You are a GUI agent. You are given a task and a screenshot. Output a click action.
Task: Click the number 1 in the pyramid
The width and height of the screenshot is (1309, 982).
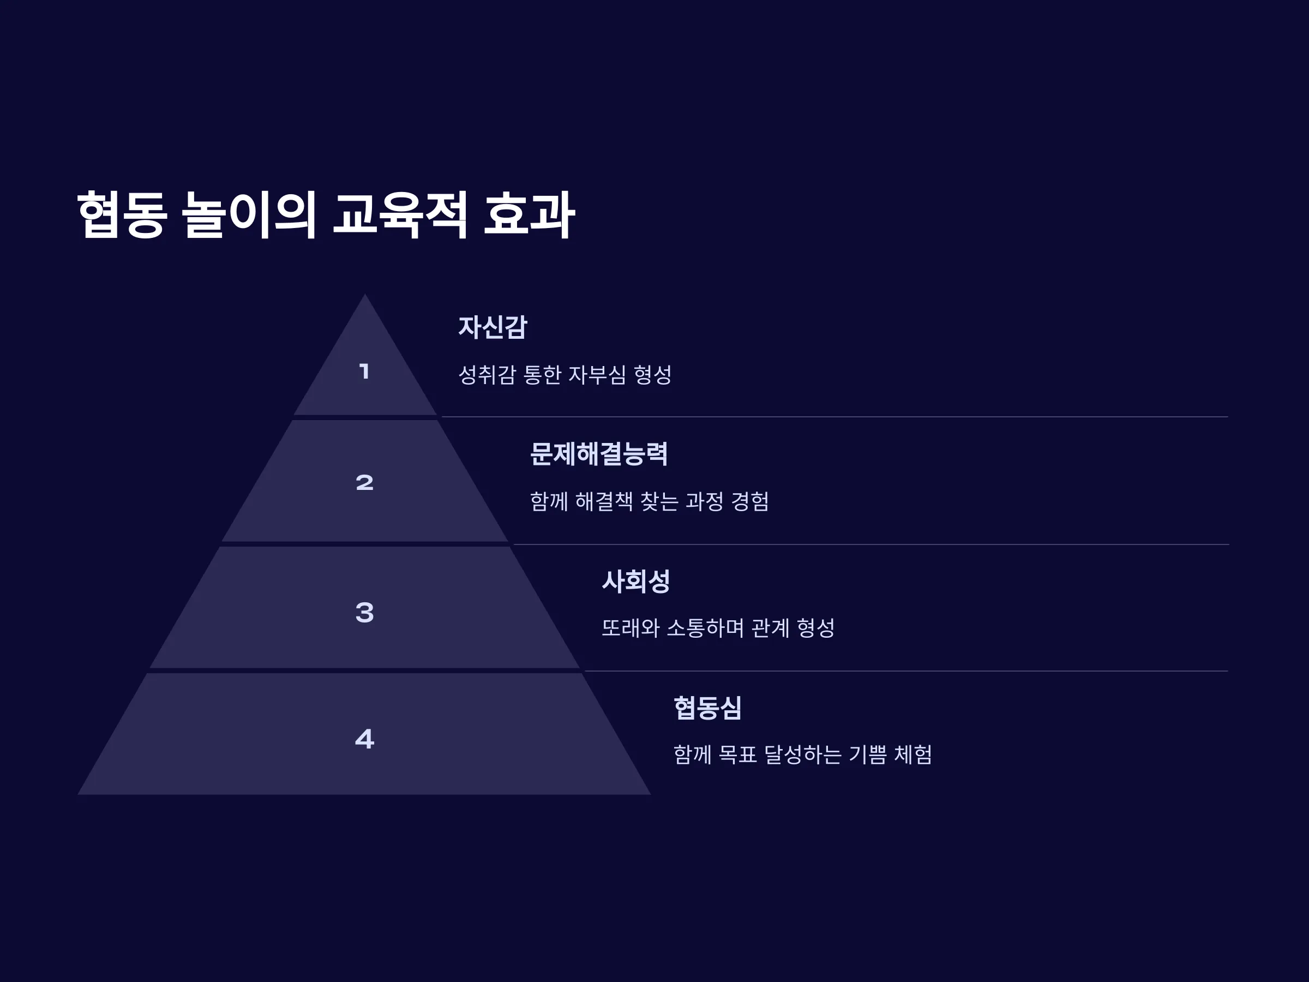pos(364,372)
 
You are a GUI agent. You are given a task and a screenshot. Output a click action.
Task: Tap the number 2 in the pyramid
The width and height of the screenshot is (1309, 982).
pos(364,482)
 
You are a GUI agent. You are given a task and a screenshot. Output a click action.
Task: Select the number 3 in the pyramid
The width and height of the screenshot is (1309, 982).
pos(364,612)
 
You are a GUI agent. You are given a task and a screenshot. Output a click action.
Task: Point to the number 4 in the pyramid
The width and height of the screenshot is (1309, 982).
pos(364,738)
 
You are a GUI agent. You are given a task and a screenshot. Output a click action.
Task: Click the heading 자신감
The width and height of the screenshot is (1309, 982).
pos(493,327)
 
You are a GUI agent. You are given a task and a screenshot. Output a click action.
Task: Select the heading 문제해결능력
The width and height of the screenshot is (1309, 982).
pos(599,454)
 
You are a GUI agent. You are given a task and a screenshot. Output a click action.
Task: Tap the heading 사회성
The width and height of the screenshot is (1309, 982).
pos(635,580)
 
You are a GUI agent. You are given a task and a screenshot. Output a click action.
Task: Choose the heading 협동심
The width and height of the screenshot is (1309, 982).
pos(707,708)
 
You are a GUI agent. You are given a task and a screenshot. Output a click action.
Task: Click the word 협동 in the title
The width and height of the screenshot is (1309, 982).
pos(122,214)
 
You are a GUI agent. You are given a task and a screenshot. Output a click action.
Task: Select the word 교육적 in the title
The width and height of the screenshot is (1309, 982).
pos(400,214)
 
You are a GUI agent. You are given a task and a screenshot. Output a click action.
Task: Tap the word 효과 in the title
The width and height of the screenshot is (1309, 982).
pos(529,214)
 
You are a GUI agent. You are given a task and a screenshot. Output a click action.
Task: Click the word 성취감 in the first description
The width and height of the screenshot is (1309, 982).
pos(487,374)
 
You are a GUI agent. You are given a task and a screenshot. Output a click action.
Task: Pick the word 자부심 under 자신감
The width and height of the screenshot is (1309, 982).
pos(597,374)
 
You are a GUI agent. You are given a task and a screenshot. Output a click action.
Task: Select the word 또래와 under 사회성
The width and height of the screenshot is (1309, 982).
pos(631,627)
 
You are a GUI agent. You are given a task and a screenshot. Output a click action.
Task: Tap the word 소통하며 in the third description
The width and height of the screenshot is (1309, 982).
pos(705,627)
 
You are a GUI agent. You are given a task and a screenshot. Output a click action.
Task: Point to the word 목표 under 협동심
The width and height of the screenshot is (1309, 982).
pos(737,754)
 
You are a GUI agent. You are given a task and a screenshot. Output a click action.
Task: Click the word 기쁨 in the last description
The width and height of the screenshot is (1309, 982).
pos(868,754)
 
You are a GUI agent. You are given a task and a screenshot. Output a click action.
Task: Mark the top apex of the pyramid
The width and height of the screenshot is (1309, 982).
pos(364,294)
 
